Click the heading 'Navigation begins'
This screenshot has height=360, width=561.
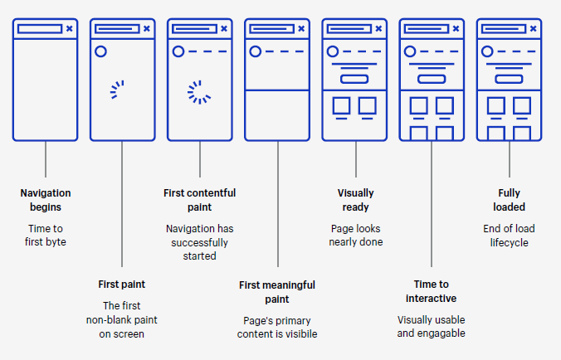(45, 200)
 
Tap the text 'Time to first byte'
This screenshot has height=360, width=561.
(45, 235)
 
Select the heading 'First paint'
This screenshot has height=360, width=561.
(122, 285)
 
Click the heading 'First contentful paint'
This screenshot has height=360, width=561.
(199, 200)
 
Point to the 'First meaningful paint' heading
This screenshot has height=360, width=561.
(277, 292)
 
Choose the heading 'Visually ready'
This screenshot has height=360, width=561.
(355, 200)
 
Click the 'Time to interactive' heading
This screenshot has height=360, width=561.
(432, 291)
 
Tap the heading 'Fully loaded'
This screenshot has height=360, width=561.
(510, 200)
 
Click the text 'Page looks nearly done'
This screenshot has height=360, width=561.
(355, 235)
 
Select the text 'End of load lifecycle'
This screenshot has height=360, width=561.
(510, 235)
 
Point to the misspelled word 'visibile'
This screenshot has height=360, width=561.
(299, 334)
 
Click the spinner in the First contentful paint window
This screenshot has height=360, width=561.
(198, 91)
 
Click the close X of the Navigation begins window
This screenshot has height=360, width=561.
(70, 28)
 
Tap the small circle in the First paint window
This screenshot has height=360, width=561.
(100, 51)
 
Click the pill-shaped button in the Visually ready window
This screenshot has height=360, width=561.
(354, 79)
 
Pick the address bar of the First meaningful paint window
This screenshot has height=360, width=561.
(271, 28)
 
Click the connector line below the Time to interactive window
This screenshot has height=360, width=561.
(432, 207)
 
